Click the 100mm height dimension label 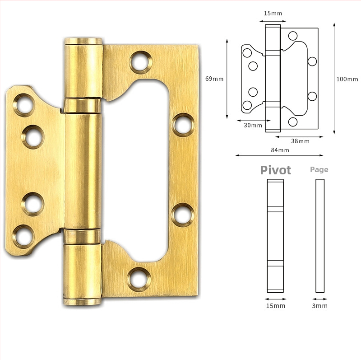point(347,79)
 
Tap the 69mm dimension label point(214,79)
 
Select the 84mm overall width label point(280,150)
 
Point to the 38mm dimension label point(300,141)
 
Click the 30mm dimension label point(253,125)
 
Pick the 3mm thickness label point(319,306)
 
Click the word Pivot point(276,170)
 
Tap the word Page point(319,170)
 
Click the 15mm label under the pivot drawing point(276,306)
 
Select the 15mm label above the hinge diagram point(273,13)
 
